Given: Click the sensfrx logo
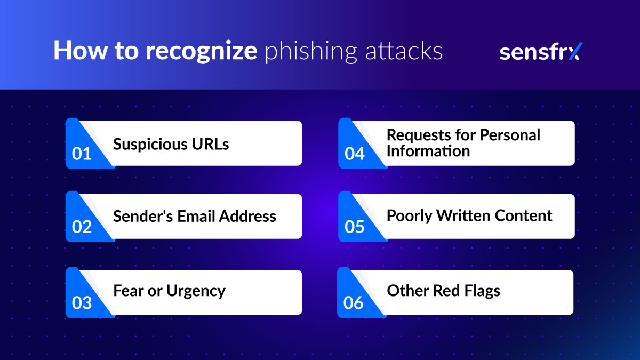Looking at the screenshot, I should pyautogui.click(x=540, y=52).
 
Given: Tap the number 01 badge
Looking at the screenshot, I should pyautogui.click(x=82, y=154).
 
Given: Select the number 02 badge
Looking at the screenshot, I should pyautogui.click(x=82, y=227).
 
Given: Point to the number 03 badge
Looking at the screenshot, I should pyautogui.click(x=82, y=303).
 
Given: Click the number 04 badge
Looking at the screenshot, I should pyautogui.click(x=355, y=154).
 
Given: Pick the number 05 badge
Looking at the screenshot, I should pyautogui.click(x=355, y=227).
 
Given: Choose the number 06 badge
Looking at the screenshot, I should pyautogui.click(x=354, y=303).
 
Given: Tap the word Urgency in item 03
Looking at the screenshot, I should pyautogui.click(x=196, y=291).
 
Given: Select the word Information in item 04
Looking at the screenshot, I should pyautogui.click(x=428, y=151).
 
